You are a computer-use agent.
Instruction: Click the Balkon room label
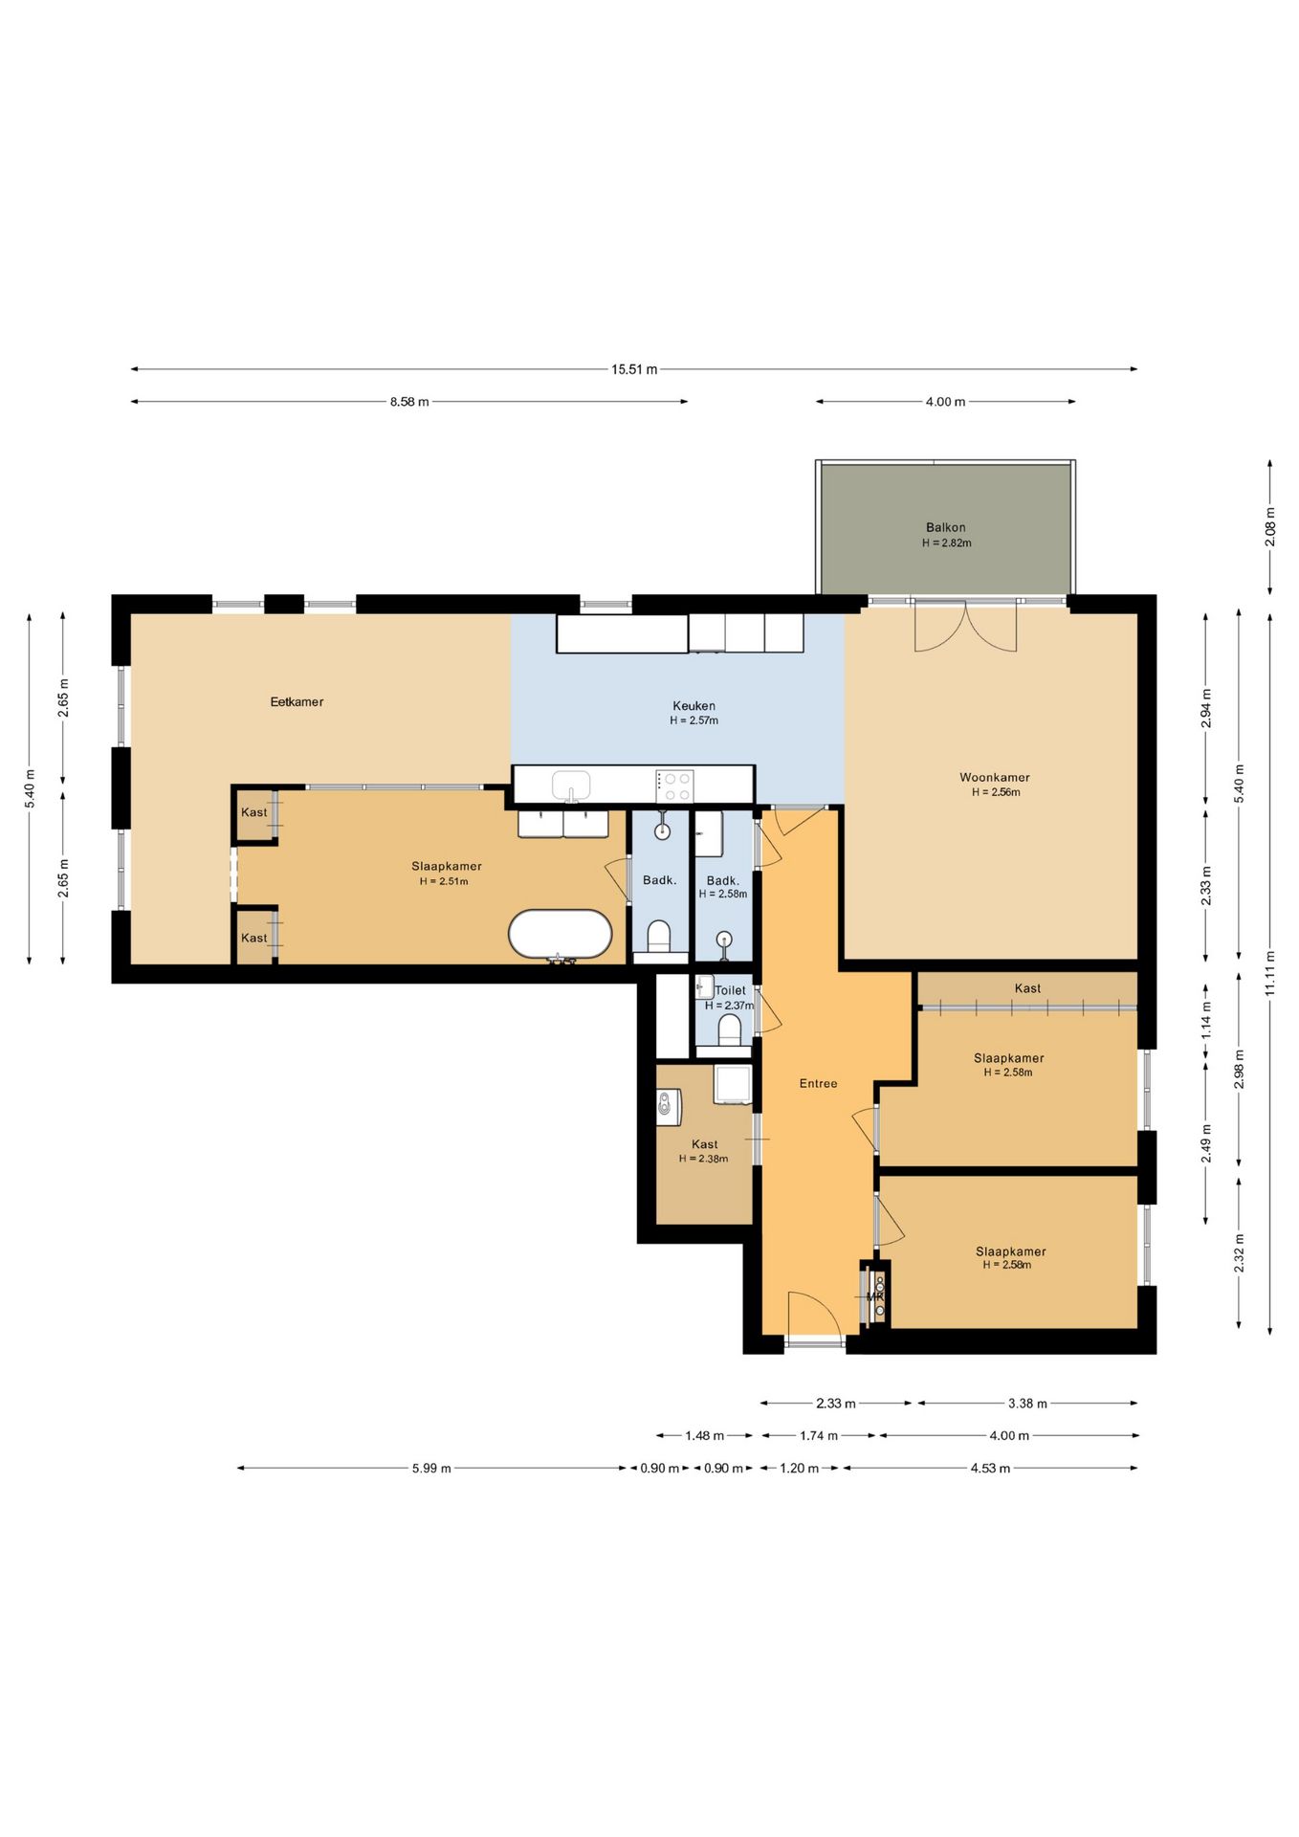945,527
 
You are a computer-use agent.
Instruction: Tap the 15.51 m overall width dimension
634,369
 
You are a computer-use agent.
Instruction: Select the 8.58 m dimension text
409,402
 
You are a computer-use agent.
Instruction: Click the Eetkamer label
297,702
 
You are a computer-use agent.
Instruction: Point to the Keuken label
694,706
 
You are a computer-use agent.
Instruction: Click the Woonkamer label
995,778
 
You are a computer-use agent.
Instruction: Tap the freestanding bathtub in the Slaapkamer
561,935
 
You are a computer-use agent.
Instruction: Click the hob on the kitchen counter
674,786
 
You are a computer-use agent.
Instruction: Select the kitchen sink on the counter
572,786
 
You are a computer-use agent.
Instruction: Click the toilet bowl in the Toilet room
730,1029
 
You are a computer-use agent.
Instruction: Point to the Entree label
818,1084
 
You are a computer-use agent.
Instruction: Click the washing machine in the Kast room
669,1107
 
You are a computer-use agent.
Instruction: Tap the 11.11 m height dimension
1270,973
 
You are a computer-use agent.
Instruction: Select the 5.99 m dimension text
431,1469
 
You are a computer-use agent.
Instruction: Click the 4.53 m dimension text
990,1469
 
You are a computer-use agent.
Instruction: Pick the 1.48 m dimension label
704,1436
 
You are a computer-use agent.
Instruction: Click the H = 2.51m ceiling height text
444,881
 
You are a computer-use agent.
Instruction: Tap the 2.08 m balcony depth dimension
1270,527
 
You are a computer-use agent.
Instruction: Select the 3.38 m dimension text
1027,1404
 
